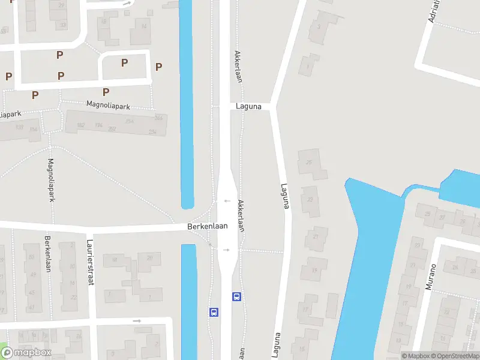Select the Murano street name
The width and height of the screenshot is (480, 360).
click(430, 277)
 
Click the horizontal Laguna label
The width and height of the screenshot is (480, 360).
click(249, 106)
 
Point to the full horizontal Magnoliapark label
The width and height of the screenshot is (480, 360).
click(108, 105)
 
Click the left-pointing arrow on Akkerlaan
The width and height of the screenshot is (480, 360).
click(227, 201)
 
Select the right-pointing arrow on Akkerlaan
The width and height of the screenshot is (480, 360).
click(227, 249)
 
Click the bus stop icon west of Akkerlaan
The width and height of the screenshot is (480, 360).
click(213, 312)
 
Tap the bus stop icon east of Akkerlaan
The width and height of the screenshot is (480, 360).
click(237, 296)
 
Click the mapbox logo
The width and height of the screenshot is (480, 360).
click(25, 353)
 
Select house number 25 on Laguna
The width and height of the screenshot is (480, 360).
click(310, 163)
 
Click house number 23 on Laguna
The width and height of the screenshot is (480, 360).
click(310, 199)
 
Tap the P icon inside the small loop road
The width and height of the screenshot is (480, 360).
click(124, 62)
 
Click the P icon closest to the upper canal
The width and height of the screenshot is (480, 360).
click(158, 67)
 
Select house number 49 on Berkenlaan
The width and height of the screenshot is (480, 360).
click(31, 269)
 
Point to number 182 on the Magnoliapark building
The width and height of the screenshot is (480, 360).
click(81, 125)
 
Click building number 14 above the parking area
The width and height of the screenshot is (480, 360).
click(143, 25)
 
